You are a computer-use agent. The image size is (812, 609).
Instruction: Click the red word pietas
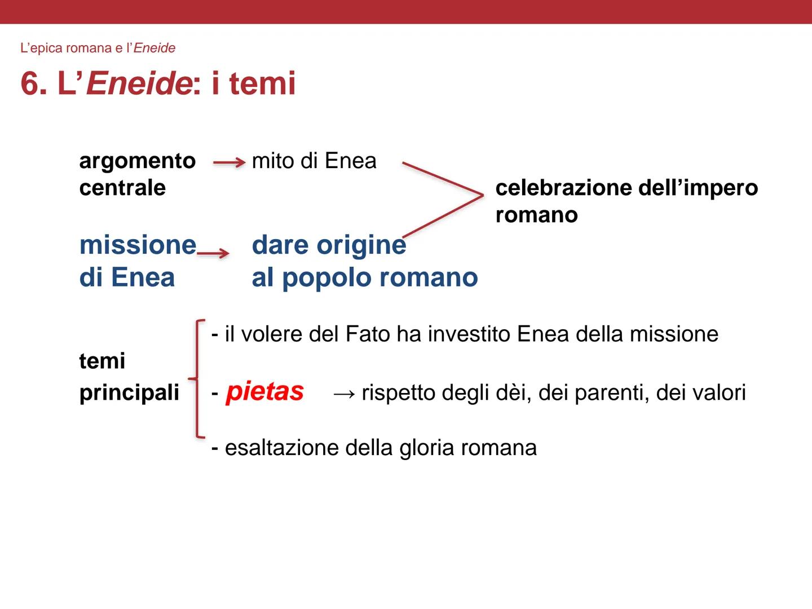(x=264, y=392)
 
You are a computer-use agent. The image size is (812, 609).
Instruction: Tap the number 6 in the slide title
(x=30, y=84)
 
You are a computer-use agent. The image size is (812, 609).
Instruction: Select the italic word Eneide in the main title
(x=139, y=83)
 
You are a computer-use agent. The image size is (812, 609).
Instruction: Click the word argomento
(x=137, y=161)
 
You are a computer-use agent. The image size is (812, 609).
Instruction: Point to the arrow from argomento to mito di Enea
(x=229, y=162)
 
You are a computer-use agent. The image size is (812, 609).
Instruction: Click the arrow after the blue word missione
(x=213, y=253)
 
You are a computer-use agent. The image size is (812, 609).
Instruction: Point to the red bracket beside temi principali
(x=197, y=378)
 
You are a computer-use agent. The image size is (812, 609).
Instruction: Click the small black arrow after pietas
(x=344, y=394)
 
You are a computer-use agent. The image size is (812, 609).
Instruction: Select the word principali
(x=129, y=393)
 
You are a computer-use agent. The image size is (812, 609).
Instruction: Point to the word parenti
(x=611, y=393)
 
